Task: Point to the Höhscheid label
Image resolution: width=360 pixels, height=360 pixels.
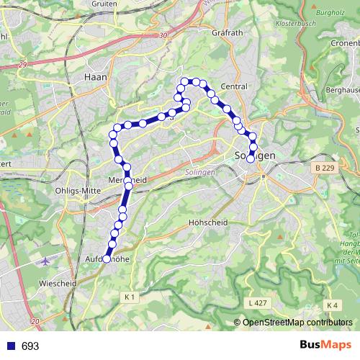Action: tap(207, 222)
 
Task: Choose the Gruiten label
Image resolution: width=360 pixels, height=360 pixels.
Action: tap(104, 3)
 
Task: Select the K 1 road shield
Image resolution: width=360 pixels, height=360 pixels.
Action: tap(130, 297)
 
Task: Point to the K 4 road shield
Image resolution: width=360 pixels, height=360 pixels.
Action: tap(332, 305)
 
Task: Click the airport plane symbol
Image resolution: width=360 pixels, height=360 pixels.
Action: tap(48, 260)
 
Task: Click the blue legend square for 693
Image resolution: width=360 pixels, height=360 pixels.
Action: tap(9, 346)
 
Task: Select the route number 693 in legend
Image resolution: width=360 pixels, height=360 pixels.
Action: tap(30, 346)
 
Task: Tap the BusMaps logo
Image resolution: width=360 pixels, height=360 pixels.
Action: tap(323, 346)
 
